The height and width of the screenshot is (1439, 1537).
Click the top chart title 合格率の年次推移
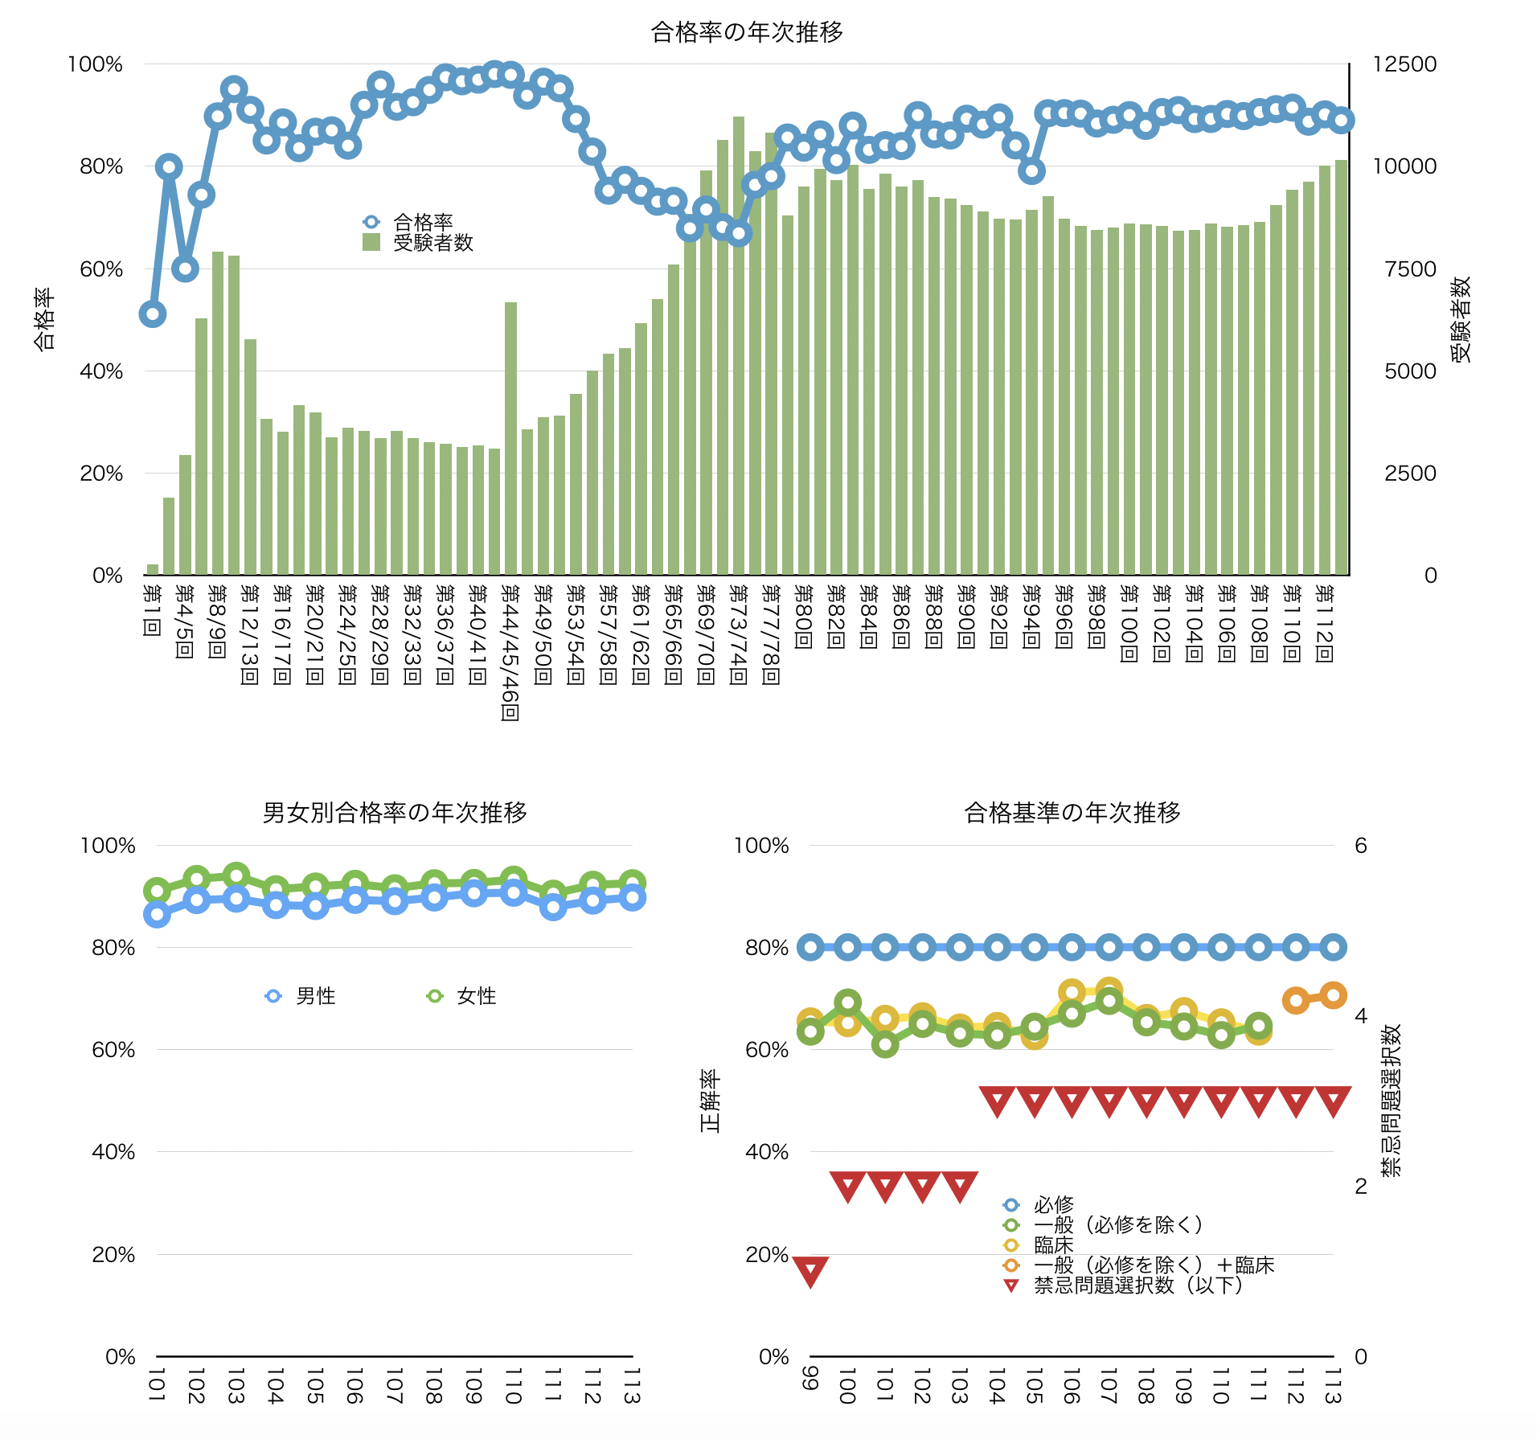747,32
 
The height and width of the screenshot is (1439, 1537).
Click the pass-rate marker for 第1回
152,314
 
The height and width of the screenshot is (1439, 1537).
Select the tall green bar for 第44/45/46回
510,438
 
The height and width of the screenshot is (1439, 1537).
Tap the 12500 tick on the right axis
1404,64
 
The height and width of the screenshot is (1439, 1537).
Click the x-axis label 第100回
1129,624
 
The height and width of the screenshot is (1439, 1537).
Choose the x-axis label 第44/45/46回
510,653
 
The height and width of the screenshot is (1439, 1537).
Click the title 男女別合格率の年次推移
395,813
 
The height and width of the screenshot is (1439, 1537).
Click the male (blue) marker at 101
157,914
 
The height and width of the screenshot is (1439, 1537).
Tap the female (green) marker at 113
633,883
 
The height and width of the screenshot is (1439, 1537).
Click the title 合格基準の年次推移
1072,813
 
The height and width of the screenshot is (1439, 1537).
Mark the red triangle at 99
810,1271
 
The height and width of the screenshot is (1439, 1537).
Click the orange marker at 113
1333,995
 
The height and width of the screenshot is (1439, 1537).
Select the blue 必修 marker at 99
810,947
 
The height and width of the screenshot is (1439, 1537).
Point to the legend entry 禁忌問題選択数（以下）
1137,1285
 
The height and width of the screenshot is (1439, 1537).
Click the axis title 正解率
710,1101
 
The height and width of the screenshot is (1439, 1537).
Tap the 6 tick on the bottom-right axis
1360,846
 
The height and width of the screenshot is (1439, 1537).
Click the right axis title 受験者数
1461,319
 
